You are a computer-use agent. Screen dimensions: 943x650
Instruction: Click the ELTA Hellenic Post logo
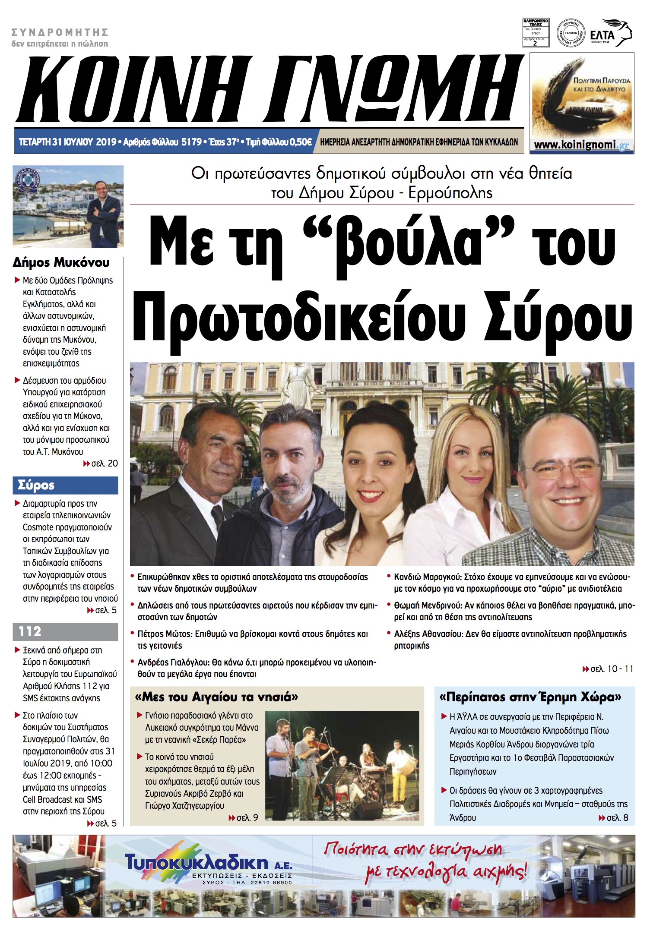point(610,33)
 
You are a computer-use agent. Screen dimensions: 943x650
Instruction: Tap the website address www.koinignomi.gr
point(581,145)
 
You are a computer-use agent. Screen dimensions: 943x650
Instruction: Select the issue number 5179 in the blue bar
point(191,142)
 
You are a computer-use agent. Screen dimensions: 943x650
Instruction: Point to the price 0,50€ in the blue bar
point(300,142)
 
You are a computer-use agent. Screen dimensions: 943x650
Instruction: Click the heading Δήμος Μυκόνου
point(61,262)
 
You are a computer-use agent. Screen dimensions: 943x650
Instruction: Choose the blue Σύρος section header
point(65,485)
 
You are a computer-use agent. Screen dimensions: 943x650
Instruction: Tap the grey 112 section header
point(65,631)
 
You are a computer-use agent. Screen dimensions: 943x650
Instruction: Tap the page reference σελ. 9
point(247,817)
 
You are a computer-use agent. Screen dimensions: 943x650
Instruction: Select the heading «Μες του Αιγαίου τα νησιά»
point(216,697)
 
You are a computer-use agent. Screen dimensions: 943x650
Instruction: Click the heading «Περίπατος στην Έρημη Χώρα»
point(530,697)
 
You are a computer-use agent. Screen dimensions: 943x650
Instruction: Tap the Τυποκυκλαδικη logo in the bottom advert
point(197,863)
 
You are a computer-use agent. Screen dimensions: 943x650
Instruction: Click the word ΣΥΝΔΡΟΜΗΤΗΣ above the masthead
point(60,32)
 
